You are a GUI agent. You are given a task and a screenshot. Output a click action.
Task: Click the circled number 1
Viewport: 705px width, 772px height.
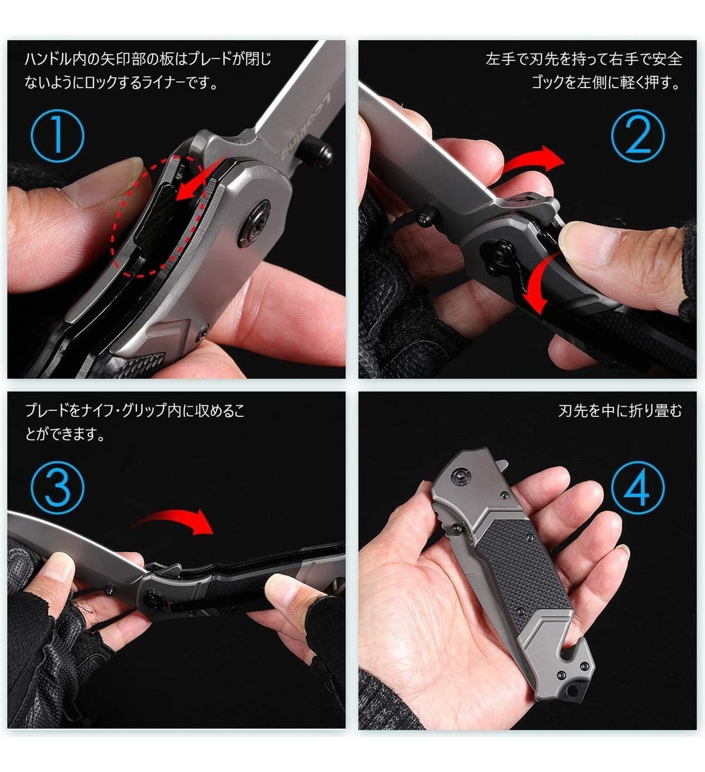point(57,136)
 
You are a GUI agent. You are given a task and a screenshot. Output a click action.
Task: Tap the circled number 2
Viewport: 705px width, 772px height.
point(637,136)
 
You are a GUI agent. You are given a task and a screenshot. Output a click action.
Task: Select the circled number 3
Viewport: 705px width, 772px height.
point(57,488)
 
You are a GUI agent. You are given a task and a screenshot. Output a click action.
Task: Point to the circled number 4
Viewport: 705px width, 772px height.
point(637,488)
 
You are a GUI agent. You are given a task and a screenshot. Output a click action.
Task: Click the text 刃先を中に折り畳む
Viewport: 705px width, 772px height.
point(619,410)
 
